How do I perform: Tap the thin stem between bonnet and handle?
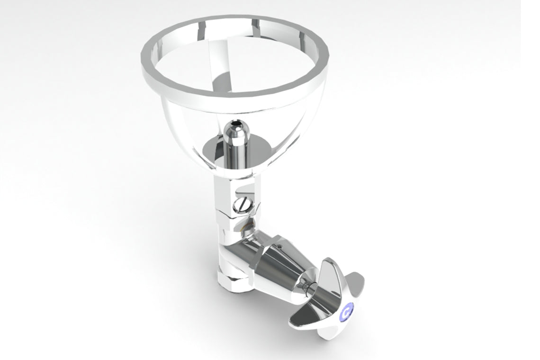pos(308,287)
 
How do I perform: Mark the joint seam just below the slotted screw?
pos(234,216)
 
